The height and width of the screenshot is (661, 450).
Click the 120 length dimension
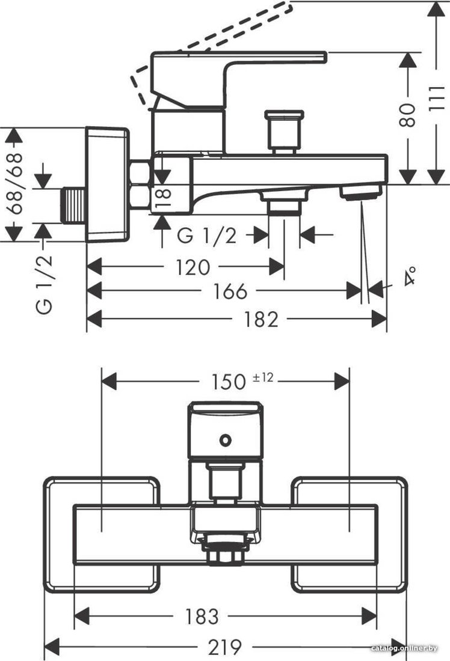click(x=192, y=267)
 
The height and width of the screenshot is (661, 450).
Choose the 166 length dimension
click(x=230, y=291)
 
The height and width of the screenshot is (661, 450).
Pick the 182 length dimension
click(x=261, y=319)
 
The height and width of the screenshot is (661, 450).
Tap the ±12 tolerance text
click(x=262, y=377)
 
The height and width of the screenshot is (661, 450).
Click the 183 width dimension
click(x=202, y=617)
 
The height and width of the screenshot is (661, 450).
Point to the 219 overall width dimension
click(x=225, y=646)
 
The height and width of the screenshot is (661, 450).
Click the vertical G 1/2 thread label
click(x=45, y=285)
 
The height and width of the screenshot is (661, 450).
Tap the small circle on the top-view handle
click(x=226, y=440)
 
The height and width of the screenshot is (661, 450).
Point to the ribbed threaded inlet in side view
click(x=74, y=206)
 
